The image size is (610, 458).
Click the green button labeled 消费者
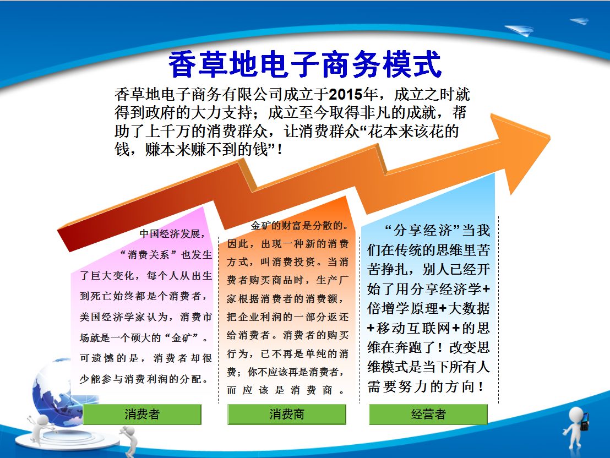pos(142,414)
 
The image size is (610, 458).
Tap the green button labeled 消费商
pos(287,414)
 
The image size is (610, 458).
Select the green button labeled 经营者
pos(428,414)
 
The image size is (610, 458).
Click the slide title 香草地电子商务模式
pos(306,64)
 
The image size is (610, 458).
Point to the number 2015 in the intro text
pos(346,95)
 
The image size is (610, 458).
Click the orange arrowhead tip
pos(549,137)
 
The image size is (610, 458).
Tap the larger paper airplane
pos(519,30)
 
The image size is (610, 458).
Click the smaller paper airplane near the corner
pos(579,20)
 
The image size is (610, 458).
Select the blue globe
pos(58,389)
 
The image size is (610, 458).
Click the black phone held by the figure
pos(585,421)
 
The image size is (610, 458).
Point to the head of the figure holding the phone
pos(576,415)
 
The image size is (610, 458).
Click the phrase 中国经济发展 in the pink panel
pos(170,234)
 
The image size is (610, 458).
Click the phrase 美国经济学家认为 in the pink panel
pos(123,317)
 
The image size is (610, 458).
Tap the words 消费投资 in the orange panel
pos(294,262)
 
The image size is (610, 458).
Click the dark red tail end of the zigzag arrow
pos(64,240)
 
